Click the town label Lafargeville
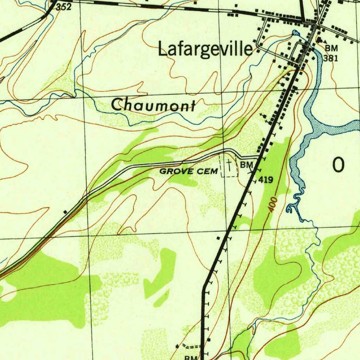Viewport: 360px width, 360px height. coord(205,49)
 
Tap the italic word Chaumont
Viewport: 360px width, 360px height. coord(154,105)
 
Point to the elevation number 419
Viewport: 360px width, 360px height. coord(266,180)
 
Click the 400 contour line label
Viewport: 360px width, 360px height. coord(273,205)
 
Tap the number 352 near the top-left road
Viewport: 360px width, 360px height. coord(64,7)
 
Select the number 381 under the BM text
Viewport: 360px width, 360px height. coord(330,58)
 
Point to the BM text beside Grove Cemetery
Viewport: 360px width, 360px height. coord(247,165)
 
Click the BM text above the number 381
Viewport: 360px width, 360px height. coord(331,48)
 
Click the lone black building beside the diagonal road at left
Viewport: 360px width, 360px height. coord(65,212)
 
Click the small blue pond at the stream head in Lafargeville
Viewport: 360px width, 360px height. coord(295,33)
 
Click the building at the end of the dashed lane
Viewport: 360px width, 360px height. coord(177,346)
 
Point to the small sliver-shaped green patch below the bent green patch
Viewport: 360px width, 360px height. coord(162,298)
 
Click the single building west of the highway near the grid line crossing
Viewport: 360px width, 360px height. coord(218,238)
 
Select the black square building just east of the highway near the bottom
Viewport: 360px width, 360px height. coord(209,340)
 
